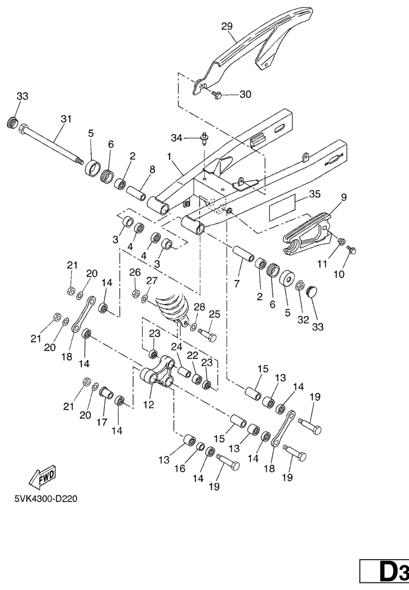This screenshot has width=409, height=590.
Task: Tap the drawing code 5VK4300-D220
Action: point(46,499)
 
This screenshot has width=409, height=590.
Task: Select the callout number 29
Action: point(227,27)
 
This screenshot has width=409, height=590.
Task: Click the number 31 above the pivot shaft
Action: point(66,119)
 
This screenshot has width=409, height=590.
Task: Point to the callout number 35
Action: point(315,194)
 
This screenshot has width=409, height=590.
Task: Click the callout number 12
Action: point(149,405)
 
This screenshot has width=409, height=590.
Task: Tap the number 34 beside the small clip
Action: point(177,138)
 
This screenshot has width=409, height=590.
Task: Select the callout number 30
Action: point(245,94)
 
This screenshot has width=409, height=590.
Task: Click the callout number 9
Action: point(344,197)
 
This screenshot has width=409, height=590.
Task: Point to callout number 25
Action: point(214,314)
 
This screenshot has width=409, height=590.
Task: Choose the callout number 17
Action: point(102,422)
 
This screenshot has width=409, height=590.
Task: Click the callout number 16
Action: point(180,468)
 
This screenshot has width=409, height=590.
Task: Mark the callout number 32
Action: point(303,320)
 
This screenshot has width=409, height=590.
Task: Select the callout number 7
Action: point(237,284)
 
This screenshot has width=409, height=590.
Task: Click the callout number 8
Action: point(152,170)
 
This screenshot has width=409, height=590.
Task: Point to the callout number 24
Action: point(177,346)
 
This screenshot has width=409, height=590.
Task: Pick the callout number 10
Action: point(338,274)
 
